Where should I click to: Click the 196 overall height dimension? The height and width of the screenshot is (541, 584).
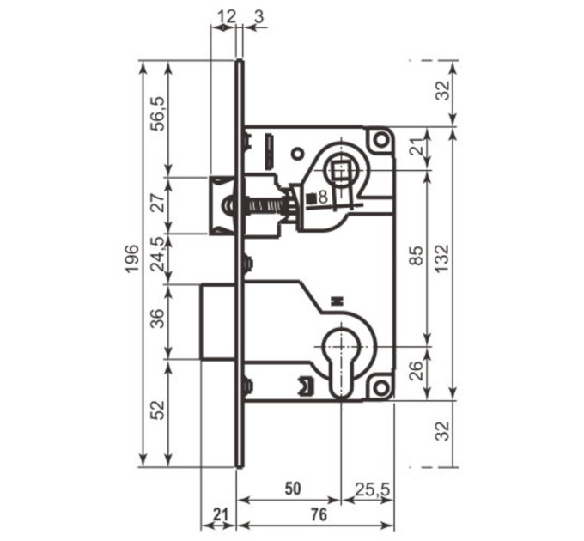pos(131,258)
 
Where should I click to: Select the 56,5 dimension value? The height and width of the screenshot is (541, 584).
pos(157,113)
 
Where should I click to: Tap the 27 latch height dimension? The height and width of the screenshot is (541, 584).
pos(159,203)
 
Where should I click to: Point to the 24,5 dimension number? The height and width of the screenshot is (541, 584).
pos(157,253)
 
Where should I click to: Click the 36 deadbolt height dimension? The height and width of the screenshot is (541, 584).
pos(157,319)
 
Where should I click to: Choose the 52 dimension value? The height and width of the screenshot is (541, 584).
pos(159,410)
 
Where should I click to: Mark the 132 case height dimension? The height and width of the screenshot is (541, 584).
pos(443,258)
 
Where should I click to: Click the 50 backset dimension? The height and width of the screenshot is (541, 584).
pos(293,489)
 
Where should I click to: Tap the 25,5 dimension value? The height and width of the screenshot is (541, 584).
pos(372,489)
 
